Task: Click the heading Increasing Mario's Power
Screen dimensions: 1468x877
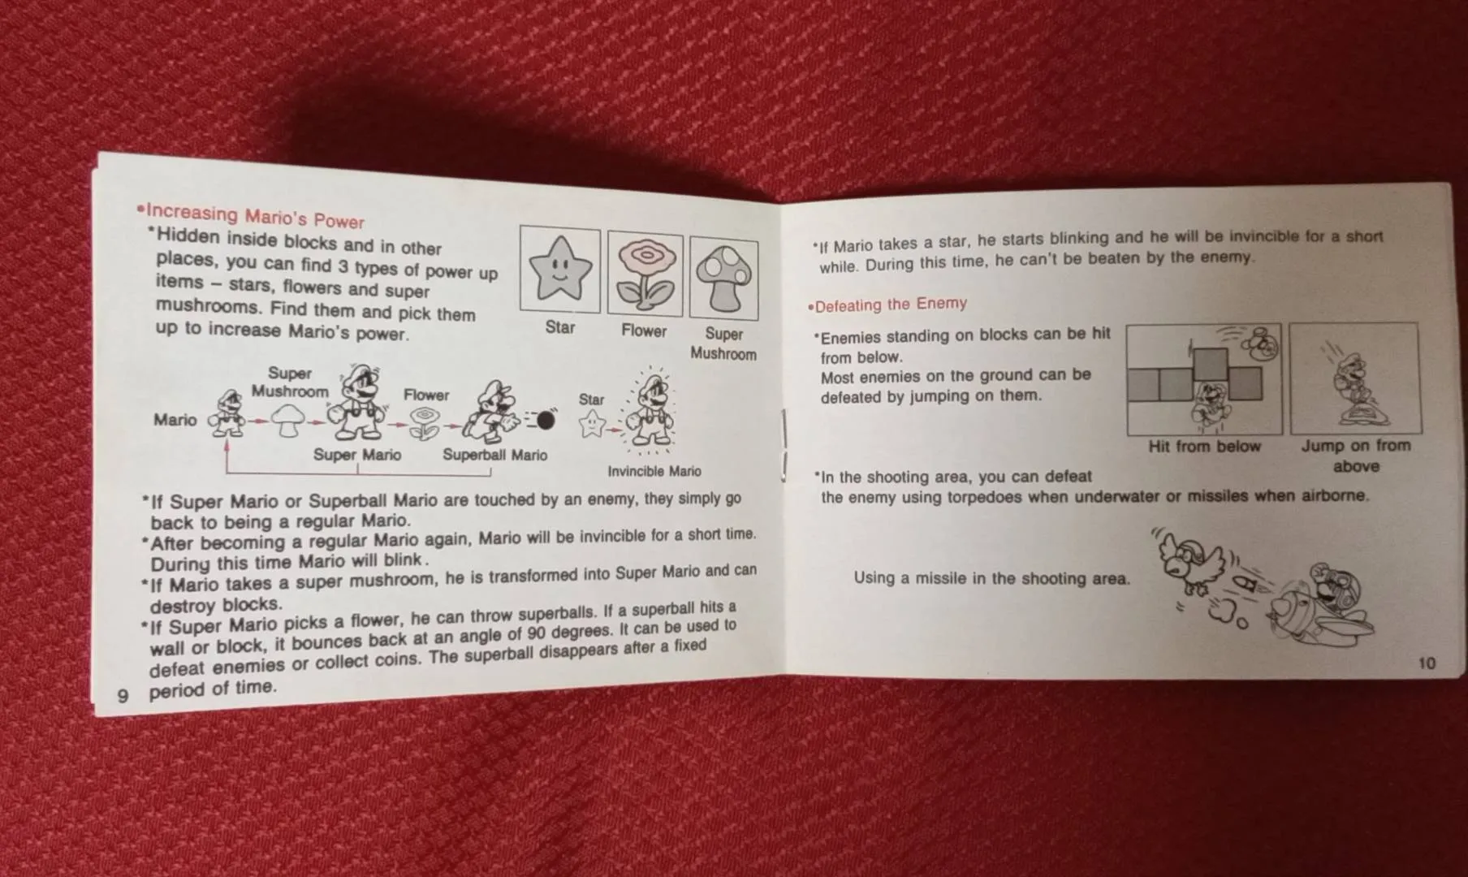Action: click(251, 216)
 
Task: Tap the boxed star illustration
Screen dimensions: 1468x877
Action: click(559, 270)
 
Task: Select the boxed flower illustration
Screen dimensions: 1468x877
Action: click(645, 274)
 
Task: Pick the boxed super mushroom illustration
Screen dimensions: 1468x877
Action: click(723, 279)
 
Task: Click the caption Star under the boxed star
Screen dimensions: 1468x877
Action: click(560, 327)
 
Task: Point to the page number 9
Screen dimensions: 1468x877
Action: click(123, 696)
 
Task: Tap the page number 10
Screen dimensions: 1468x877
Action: click(1427, 663)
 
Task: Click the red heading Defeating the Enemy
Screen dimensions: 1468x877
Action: click(887, 305)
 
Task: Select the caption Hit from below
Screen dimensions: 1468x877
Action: click(1204, 447)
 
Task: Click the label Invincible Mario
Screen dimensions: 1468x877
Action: click(654, 471)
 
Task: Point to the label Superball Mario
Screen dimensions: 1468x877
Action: click(494, 455)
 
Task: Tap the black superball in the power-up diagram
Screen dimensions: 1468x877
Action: click(546, 420)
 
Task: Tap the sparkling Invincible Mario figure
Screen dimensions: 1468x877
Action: click(650, 410)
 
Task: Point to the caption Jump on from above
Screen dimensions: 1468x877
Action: click(1356, 456)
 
